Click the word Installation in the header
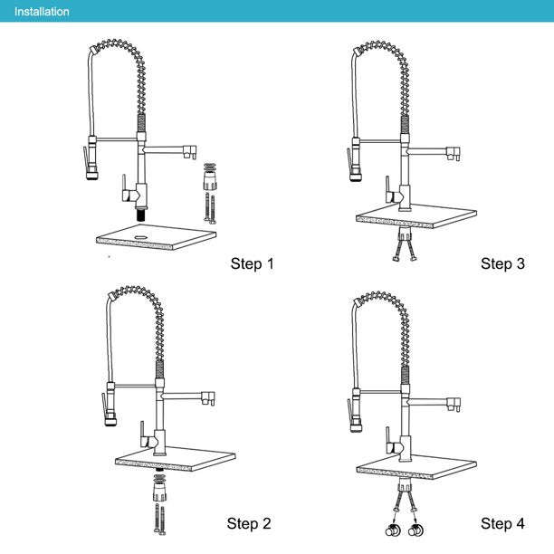click(41, 12)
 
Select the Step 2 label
click(249, 523)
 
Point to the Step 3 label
click(502, 264)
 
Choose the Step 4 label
click(502, 523)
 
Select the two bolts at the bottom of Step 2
click(159, 522)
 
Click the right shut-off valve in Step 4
click(415, 530)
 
